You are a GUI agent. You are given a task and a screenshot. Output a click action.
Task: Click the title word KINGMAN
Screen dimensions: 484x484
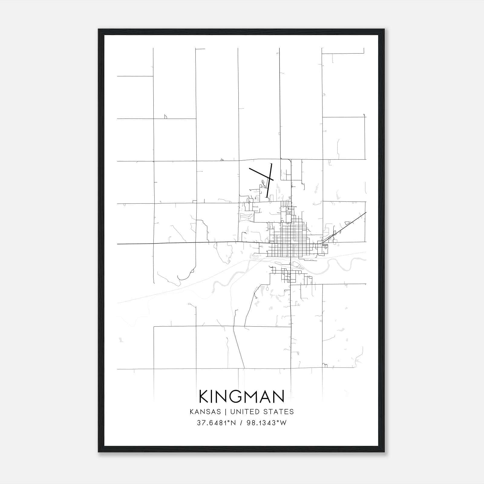click(x=242, y=396)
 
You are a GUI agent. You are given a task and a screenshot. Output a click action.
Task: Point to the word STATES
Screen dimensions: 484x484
click(x=279, y=412)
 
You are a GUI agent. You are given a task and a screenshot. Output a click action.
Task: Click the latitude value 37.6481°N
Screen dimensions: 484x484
click(x=216, y=423)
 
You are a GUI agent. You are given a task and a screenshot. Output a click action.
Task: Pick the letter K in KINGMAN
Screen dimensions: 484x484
click(x=205, y=396)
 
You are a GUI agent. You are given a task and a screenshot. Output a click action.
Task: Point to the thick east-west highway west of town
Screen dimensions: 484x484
click(x=181, y=243)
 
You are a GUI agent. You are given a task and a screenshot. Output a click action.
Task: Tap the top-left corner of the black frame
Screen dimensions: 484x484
click(x=99, y=30)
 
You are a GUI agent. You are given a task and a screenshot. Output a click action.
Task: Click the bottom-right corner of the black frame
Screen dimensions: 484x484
click(x=384, y=452)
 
